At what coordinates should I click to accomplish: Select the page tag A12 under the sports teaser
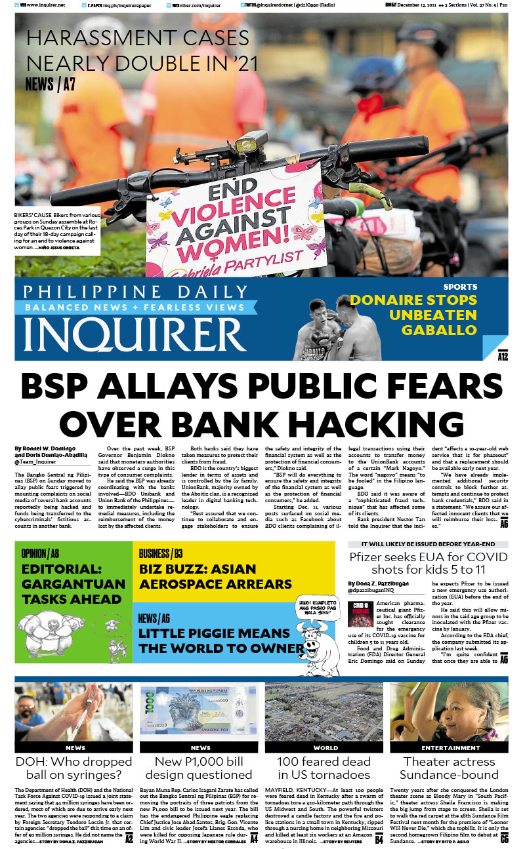point(503,357)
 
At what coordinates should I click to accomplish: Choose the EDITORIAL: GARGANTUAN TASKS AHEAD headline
point(73,583)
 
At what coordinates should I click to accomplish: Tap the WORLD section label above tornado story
point(325,747)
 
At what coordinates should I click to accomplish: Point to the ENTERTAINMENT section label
point(451,747)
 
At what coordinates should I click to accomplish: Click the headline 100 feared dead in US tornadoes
point(324,768)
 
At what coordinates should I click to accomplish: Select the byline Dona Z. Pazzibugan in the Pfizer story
point(385,583)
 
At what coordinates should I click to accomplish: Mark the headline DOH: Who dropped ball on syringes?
point(74,768)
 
